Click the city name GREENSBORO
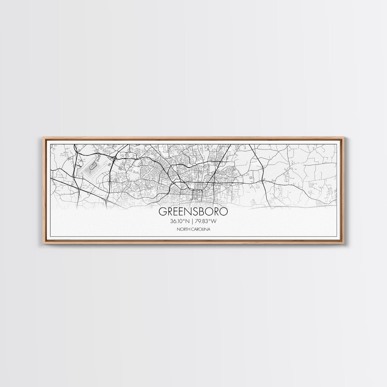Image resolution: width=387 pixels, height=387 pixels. coord(193,211)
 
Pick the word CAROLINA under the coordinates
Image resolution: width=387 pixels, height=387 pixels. coord(201,229)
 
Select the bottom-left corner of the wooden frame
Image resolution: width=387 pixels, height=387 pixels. coord(42,244)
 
